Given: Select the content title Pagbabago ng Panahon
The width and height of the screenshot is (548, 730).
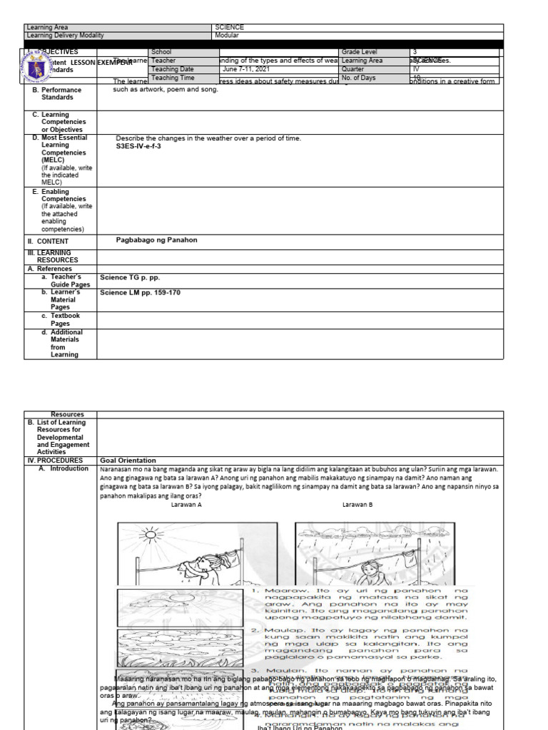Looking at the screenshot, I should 156,240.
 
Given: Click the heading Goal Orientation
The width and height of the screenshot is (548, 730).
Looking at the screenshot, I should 128,461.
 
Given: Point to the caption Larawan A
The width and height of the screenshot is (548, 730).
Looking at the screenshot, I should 187,504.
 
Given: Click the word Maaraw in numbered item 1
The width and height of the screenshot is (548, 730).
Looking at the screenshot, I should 280,591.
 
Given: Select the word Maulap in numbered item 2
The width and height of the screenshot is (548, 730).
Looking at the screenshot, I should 280,631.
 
